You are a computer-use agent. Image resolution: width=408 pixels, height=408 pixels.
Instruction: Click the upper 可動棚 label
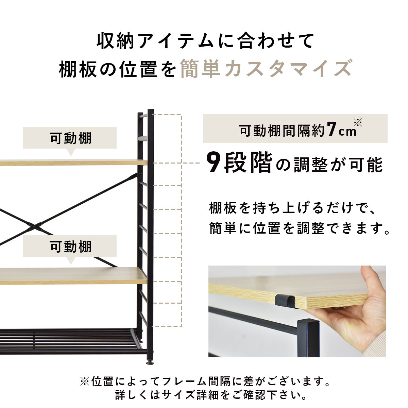coord(71,138)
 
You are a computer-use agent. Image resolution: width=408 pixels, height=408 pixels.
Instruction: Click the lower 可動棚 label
coord(71,247)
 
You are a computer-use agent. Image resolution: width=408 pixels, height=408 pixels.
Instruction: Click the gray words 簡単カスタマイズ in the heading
coord(266,69)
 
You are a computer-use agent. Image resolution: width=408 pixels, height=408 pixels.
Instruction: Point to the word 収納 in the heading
coord(115,41)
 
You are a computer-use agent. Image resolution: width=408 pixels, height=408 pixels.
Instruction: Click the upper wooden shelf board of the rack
coord(73,162)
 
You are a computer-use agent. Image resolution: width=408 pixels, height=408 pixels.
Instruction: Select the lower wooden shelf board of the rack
coord(73,275)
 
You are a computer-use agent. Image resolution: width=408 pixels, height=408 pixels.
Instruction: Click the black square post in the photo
coord(308,338)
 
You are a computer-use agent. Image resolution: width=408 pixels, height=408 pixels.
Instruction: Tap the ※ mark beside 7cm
coord(358,122)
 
